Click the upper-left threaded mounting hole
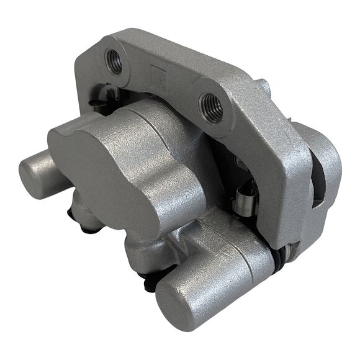115,61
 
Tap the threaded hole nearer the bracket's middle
211,107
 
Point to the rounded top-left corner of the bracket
87,53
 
